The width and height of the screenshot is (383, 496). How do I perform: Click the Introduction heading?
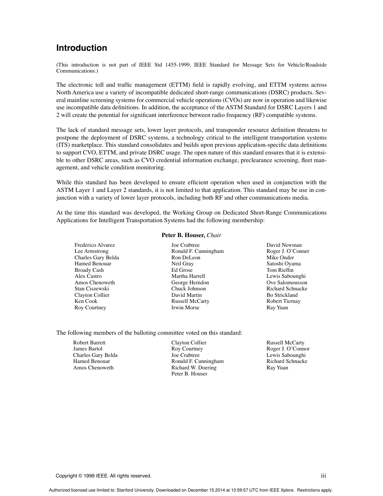tap(81, 48)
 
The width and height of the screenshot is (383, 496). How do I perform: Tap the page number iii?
tap(323, 476)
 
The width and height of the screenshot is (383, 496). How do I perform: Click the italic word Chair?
tap(214, 235)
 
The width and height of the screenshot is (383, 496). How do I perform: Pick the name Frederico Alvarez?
tap(94, 245)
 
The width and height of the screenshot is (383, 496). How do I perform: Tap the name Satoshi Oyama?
tap(283, 264)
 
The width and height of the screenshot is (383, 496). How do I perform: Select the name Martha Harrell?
tap(188, 276)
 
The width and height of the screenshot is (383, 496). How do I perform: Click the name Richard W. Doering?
tap(194, 368)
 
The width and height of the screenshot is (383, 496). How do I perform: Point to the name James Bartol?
tap(87, 349)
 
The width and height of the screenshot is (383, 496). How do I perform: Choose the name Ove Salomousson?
tap(287, 283)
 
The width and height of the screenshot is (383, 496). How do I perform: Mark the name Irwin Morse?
tap(185, 308)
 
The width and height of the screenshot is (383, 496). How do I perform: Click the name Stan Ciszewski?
tap(92, 289)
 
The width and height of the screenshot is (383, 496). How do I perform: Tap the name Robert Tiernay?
tap(283, 301)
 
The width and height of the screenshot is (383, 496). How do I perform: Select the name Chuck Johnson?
tap(188, 289)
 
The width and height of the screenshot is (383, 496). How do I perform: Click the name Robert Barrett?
tap(89, 343)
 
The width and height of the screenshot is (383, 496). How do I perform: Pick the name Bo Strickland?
tap(282, 295)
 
